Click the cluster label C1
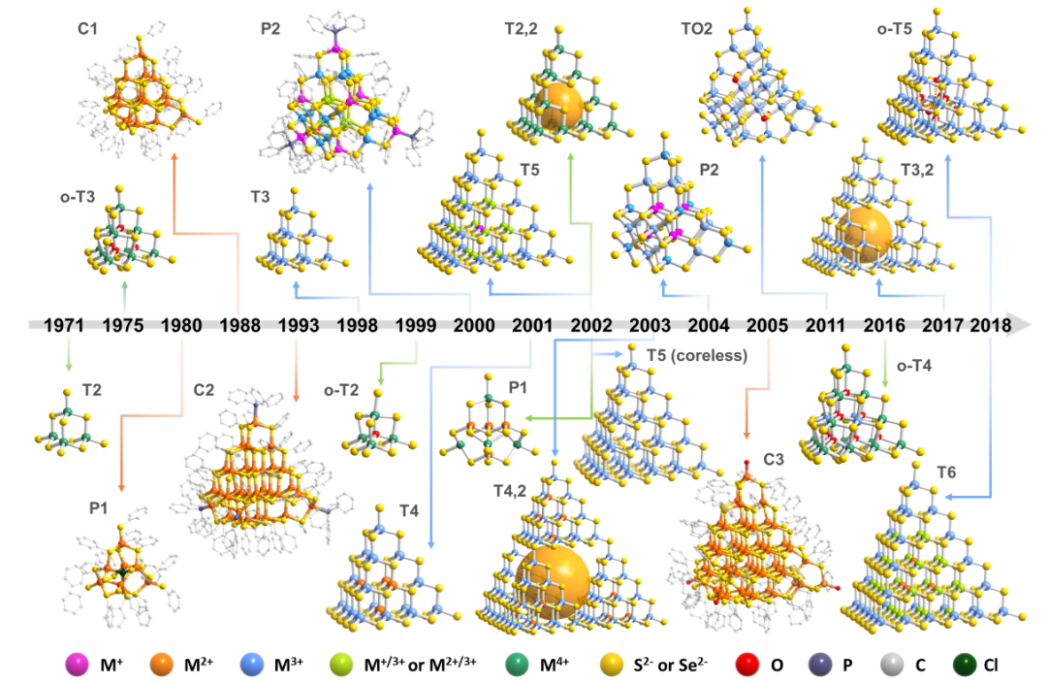click(88, 28)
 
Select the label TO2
click(697, 28)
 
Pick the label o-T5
click(893, 28)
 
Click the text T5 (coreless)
click(697, 355)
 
